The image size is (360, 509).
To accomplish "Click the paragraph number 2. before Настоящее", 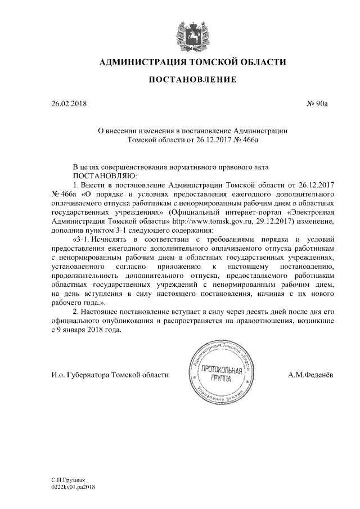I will coord(77,310).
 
